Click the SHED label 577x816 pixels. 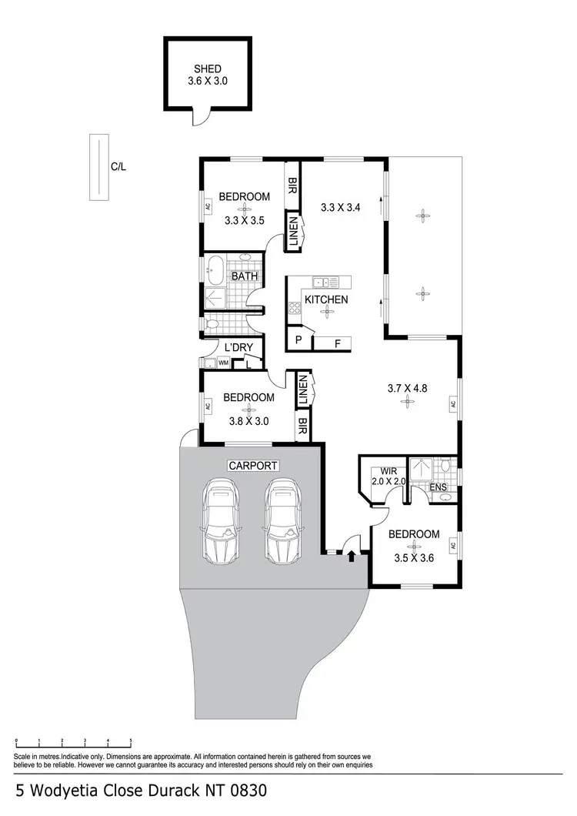pos(208,69)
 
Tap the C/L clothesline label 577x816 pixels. pos(118,166)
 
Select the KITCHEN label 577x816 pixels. pos(326,299)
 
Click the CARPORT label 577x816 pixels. pos(252,466)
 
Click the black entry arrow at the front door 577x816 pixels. pos(352,555)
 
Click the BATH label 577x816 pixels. pos(245,277)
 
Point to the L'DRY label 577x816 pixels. pos(238,348)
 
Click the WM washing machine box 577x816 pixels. pos(223,362)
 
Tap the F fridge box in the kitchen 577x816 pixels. pos(337,343)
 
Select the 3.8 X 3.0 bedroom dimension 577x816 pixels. pos(248,421)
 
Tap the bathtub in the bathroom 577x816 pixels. pos(216,272)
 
